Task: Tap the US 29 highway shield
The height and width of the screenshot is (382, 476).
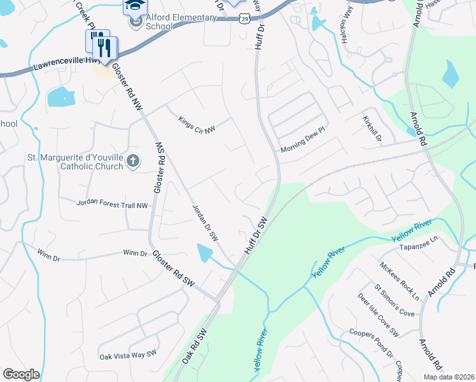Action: [x=244, y=20]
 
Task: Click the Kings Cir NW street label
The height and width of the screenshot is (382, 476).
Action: [x=197, y=121]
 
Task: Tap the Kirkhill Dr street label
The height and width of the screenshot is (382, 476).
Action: [x=372, y=129]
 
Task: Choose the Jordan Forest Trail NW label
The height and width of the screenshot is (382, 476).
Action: [x=112, y=204]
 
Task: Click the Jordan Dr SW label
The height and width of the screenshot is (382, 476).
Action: [x=206, y=223]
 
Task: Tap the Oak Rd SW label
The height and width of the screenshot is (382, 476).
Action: [x=195, y=348]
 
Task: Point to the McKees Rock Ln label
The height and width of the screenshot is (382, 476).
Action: [x=399, y=281]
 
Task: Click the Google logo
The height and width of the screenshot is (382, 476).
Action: [x=21, y=374]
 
